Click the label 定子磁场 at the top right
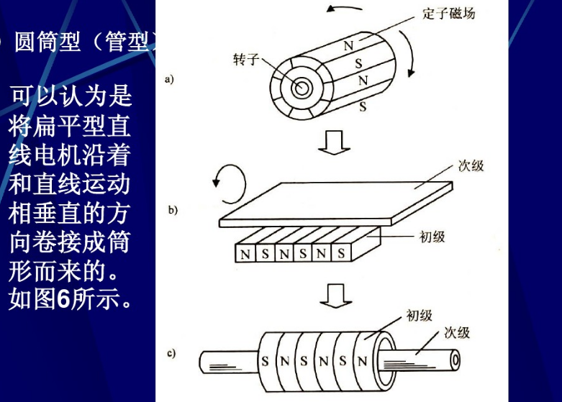point(448,13)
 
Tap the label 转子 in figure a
point(245,58)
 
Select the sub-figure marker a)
point(170,79)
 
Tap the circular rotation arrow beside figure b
point(225,181)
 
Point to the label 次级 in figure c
point(457,332)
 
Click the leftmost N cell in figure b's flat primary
point(246,254)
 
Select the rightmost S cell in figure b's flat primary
point(340,254)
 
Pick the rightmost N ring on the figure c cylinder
point(361,361)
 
